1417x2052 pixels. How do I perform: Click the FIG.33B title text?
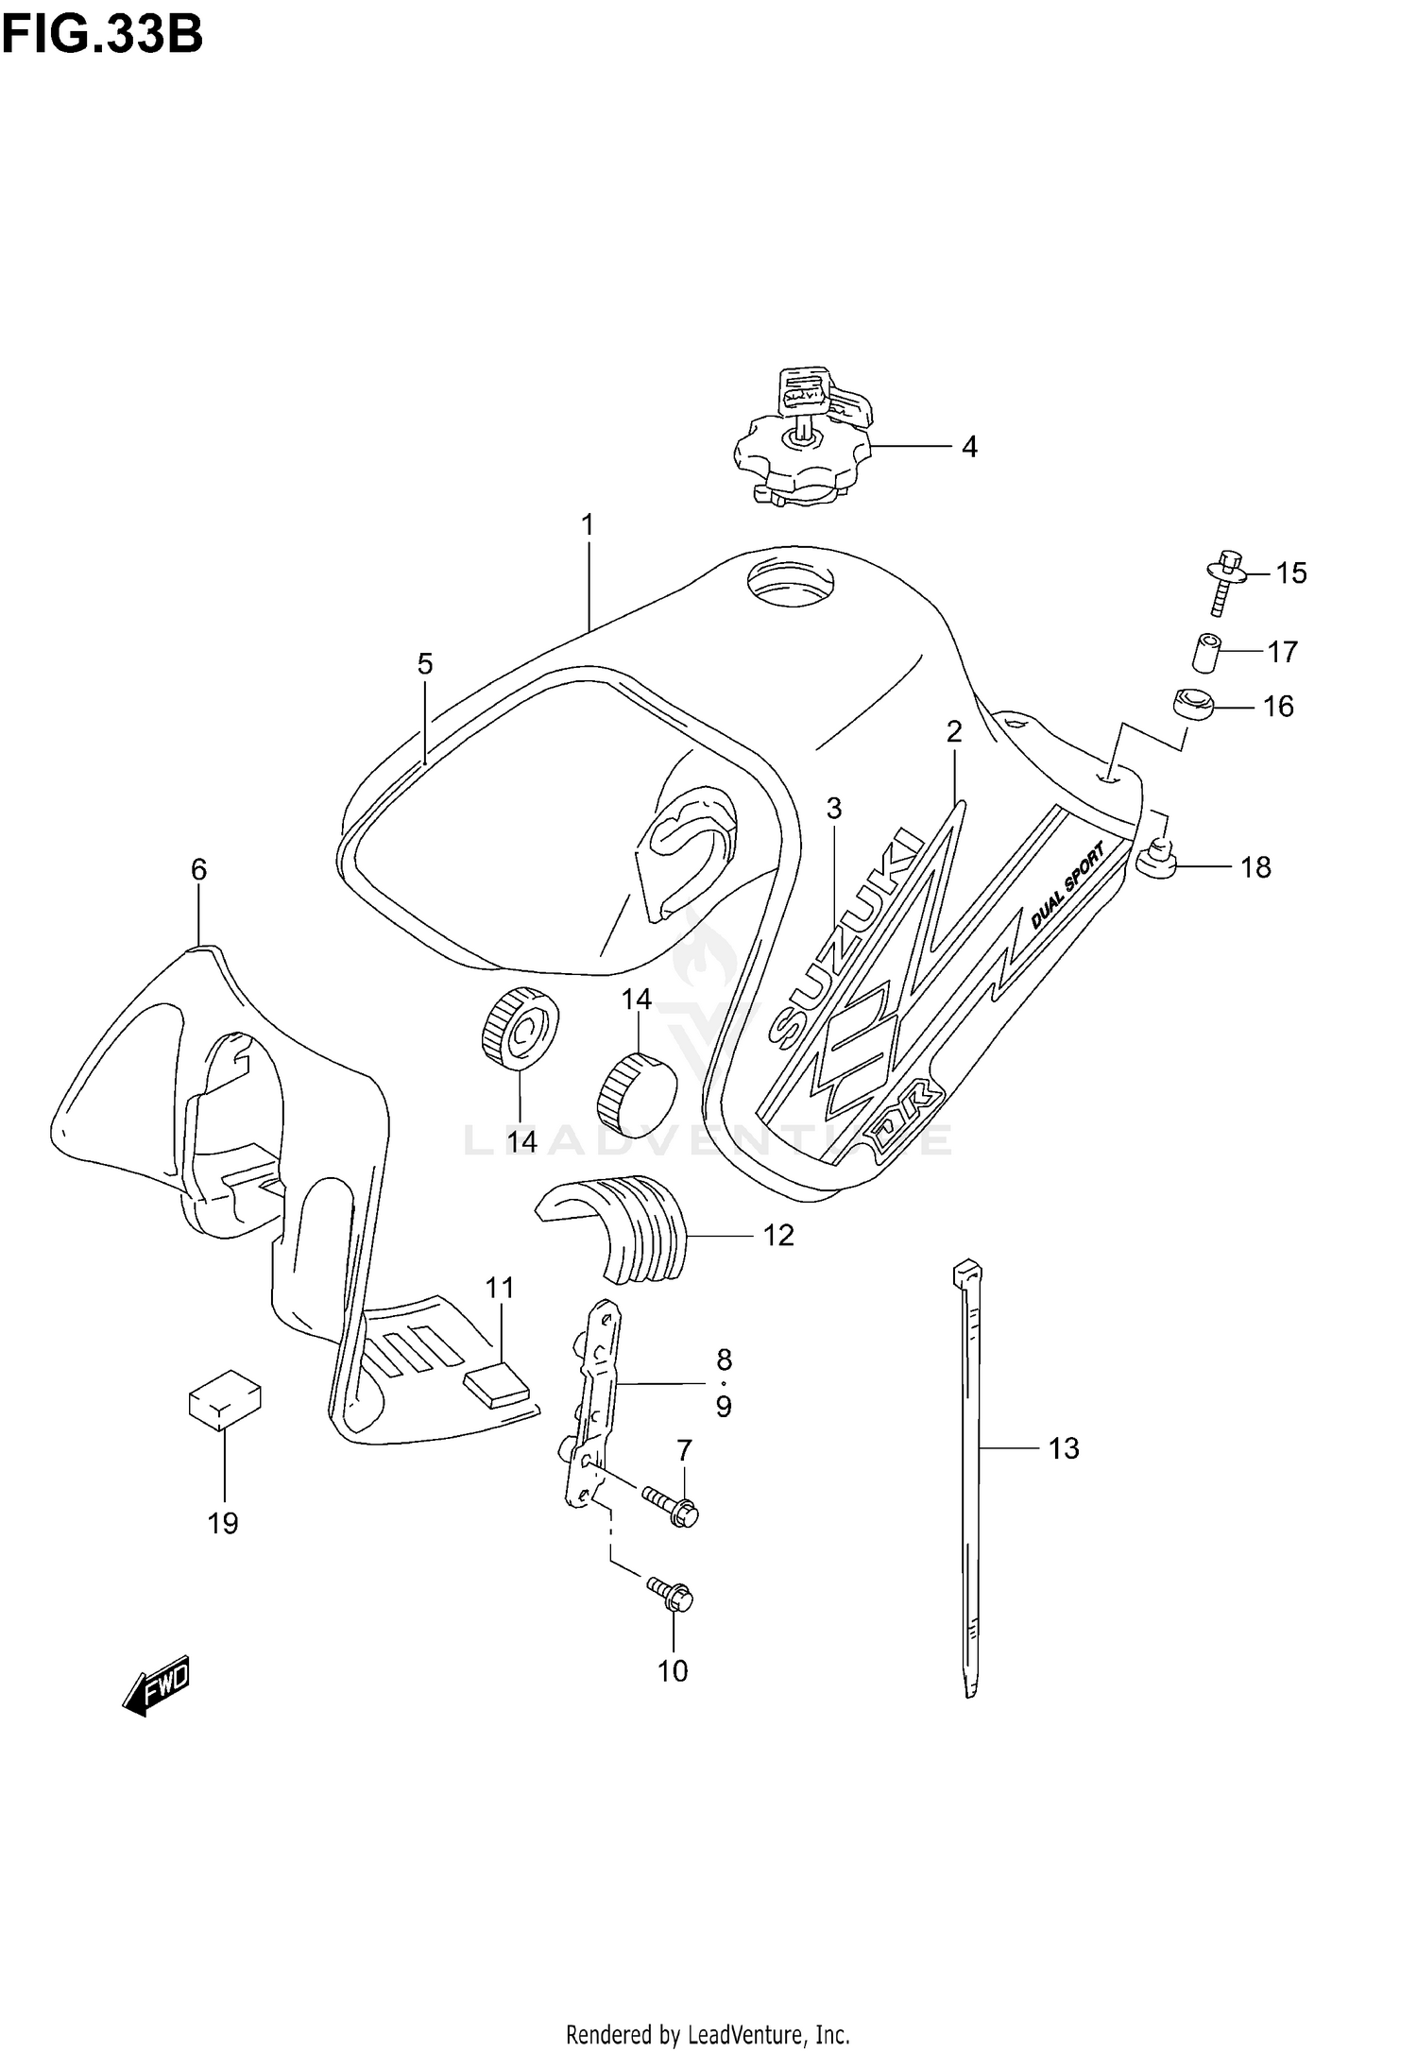pyautogui.click(x=102, y=35)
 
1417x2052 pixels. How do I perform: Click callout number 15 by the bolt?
pyautogui.click(x=1291, y=573)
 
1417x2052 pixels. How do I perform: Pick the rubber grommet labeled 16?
pyautogui.click(x=1191, y=705)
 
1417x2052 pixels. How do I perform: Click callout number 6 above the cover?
pyautogui.click(x=198, y=869)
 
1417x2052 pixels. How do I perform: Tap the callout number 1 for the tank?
pyautogui.click(x=588, y=524)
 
